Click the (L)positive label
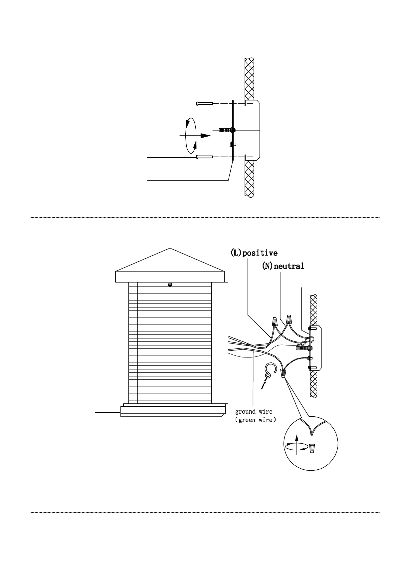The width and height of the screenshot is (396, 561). tap(254, 253)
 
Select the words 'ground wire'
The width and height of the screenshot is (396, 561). tap(254, 412)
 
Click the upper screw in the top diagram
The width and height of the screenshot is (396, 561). tap(205, 104)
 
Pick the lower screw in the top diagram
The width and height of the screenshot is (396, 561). tap(205, 157)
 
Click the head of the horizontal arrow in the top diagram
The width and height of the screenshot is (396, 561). tap(206, 136)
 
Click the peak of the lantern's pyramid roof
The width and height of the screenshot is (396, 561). tap(170, 249)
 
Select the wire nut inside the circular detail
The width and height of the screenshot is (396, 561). tap(312, 448)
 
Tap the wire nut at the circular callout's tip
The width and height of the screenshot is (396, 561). tap(283, 373)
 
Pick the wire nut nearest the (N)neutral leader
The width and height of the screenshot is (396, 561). tap(289, 319)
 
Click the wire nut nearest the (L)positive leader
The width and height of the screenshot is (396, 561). tap(275, 321)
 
